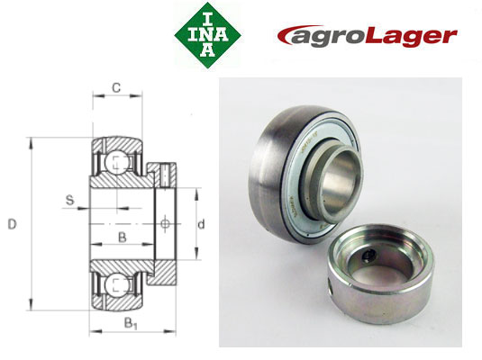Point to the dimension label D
point(13,224)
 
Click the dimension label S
point(68,200)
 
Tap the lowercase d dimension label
point(203,224)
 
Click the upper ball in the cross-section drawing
point(116,162)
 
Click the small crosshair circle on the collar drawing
point(165,223)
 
